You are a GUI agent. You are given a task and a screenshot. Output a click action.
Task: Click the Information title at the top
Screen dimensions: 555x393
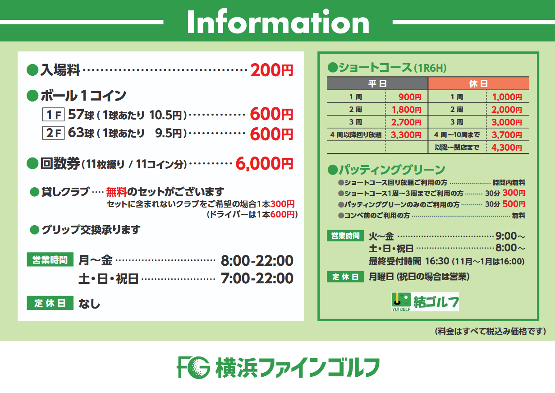point(278,22)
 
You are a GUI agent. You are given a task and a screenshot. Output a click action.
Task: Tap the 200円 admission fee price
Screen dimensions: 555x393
point(271,70)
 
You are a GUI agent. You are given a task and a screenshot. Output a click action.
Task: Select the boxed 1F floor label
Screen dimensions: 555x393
point(53,115)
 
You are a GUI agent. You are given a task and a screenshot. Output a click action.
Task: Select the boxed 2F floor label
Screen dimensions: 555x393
point(53,133)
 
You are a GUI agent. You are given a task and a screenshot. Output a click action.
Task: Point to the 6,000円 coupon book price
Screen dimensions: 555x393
point(264,164)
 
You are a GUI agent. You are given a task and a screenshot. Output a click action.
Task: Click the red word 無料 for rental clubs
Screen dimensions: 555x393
point(116,192)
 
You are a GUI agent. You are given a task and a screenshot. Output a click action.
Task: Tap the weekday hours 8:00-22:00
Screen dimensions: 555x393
point(257,261)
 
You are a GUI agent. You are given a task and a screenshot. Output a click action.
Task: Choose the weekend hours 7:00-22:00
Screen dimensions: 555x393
point(257,278)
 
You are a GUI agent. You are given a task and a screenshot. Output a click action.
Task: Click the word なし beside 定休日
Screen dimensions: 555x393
point(89,304)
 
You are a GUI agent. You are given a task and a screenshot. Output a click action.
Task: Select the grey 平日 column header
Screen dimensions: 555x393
point(377,83)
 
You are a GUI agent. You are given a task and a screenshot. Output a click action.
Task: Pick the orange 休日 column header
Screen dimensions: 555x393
point(478,83)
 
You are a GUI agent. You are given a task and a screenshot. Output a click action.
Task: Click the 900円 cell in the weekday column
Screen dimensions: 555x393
point(410,97)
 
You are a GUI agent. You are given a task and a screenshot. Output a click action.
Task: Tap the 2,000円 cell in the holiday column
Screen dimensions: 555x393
point(507,110)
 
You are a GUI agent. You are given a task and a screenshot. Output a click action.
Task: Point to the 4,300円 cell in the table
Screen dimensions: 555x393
point(507,148)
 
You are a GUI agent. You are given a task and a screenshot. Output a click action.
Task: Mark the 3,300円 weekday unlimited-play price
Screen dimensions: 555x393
point(406,135)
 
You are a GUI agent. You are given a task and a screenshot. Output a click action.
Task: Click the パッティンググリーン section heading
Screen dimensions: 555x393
point(386,170)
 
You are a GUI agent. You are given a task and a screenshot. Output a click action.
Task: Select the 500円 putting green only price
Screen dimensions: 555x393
point(514,204)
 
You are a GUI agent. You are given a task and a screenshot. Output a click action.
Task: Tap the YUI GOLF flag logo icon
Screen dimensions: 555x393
point(401,302)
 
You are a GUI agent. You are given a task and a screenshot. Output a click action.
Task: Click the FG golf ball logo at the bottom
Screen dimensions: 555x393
point(193,367)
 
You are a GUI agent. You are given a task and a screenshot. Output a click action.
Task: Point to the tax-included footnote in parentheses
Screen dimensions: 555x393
point(491,331)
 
